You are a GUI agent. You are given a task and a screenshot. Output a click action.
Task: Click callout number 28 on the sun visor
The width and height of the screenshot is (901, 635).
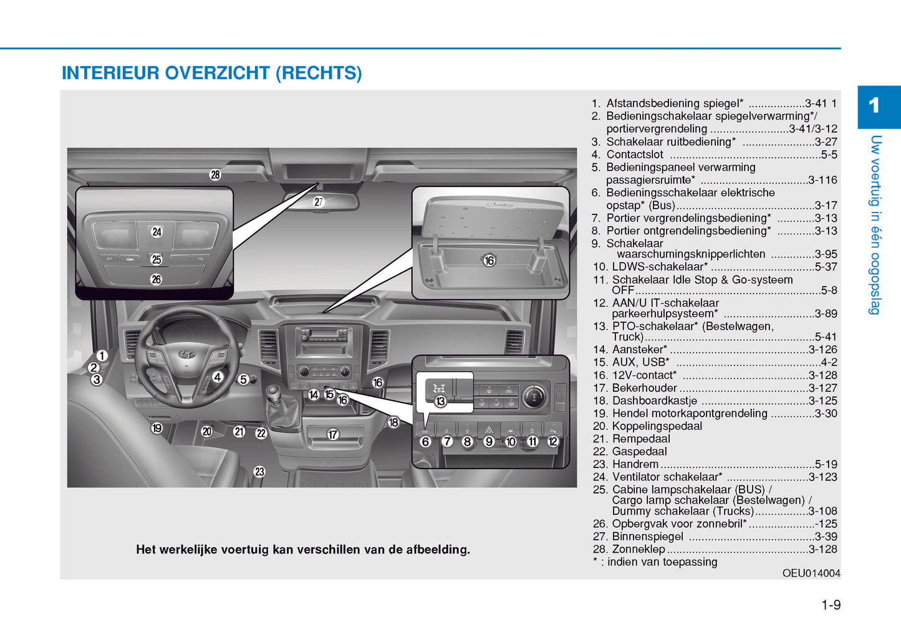click(x=215, y=175)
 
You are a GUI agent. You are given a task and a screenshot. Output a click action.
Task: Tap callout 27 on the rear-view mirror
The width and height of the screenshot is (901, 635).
click(x=319, y=202)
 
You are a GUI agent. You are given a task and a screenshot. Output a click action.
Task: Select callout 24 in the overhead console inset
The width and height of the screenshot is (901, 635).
click(x=157, y=232)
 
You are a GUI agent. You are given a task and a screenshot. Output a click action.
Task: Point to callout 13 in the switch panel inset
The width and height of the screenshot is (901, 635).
click(x=440, y=402)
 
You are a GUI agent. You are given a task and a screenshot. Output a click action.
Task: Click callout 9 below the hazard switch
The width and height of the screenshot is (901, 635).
click(x=489, y=442)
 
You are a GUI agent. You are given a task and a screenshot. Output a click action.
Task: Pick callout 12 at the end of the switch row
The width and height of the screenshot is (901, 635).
click(x=553, y=442)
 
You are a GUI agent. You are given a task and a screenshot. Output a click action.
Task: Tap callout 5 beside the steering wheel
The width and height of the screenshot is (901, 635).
click(x=243, y=380)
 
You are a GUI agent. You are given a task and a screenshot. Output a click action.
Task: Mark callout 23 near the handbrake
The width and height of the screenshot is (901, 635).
click(x=259, y=472)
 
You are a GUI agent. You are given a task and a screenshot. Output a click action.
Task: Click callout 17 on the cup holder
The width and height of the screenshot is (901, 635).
click(x=333, y=435)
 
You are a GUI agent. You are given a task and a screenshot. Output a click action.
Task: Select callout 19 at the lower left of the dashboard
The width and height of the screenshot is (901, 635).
click(x=157, y=428)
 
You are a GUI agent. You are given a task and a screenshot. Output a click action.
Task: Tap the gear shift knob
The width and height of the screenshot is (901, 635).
click(x=274, y=393)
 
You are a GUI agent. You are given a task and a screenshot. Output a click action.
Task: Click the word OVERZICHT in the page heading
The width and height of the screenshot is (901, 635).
click(x=217, y=73)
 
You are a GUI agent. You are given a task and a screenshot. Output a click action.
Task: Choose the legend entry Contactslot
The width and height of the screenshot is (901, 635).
click(x=634, y=155)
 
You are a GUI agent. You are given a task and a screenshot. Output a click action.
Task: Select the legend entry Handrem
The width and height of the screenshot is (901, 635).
click(x=635, y=464)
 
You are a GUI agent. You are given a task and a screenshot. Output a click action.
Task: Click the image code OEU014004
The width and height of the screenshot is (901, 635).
click(x=811, y=573)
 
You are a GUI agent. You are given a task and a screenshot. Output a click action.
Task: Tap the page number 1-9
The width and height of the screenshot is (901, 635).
click(x=831, y=605)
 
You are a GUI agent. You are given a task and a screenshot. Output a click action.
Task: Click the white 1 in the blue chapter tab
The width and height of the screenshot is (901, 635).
click(x=874, y=106)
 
